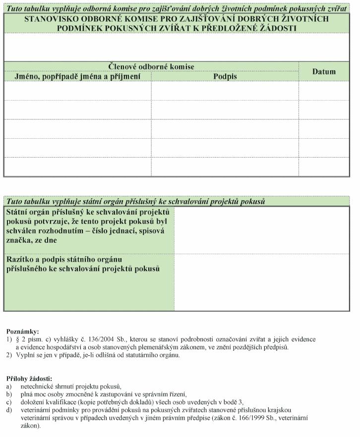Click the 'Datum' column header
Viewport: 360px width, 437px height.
point(324,72)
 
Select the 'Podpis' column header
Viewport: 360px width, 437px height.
point(225,76)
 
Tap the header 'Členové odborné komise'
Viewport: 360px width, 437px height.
point(151,66)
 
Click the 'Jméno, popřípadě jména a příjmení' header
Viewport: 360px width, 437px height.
point(77,76)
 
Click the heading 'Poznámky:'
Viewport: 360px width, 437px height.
point(22,331)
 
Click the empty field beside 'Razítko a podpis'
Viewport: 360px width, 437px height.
point(262,282)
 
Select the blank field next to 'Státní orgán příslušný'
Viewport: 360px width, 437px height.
point(262,230)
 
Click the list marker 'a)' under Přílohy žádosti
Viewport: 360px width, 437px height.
point(9,386)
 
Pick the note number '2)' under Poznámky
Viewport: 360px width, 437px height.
point(9,355)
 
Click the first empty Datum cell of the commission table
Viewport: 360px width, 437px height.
point(324,91)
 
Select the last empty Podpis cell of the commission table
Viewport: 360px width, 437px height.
point(225,167)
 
